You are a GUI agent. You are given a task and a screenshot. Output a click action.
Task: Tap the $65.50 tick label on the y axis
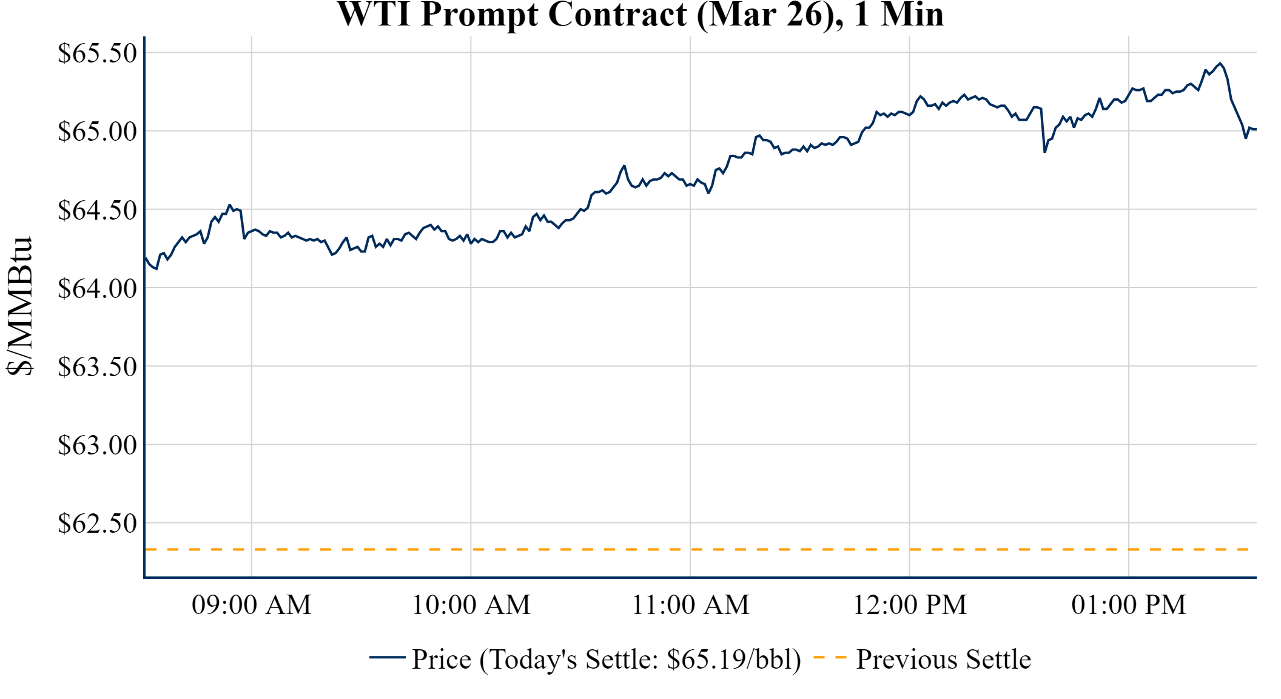pyautogui.click(x=97, y=53)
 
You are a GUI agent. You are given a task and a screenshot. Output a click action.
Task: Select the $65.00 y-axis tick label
pyautogui.click(x=97, y=131)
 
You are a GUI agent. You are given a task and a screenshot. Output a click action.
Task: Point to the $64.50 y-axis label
pyautogui.click(x=97, y=210)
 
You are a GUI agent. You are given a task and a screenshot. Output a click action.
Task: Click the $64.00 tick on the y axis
pyautogui.click(x=97, y=288)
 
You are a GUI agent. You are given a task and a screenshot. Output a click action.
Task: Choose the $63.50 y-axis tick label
pyautogui.click(x=97, y=366)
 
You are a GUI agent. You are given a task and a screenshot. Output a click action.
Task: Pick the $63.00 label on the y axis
pyautogui.click(x=97, y=445)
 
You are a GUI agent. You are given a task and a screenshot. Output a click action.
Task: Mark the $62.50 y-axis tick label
pyautogui.click(x=97, y=523)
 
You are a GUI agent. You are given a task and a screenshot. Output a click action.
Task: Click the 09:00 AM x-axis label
pyautogui.click(x=252, y=605)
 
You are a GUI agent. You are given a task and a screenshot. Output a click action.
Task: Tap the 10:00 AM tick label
pyautogui.click(x=471, y=605)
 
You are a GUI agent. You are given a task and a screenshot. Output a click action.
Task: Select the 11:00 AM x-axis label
pyautogui.click(x=690, y=605)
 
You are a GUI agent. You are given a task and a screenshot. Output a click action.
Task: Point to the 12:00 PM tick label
pyautogui.click(x=910, y=605)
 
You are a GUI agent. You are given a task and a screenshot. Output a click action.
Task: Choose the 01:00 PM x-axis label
pyautogui.click(x=1129, y=605)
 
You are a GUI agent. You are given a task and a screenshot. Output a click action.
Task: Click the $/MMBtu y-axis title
pyautogui.click(x=19, y=306)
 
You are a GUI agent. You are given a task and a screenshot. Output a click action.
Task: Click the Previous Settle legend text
pyautogui.click(x=943, y=660)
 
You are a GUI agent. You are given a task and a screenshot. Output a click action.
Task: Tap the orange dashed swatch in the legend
pyautogui.click(x=830, y=657)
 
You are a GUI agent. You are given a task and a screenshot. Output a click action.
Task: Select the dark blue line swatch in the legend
pyautogui.click(x=387, y=657)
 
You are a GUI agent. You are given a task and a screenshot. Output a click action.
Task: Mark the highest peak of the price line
pyautogui.click(x=1220, y=63)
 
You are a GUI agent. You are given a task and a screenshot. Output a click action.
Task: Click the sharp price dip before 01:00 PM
pyautogui.click(x=1044, y=152)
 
